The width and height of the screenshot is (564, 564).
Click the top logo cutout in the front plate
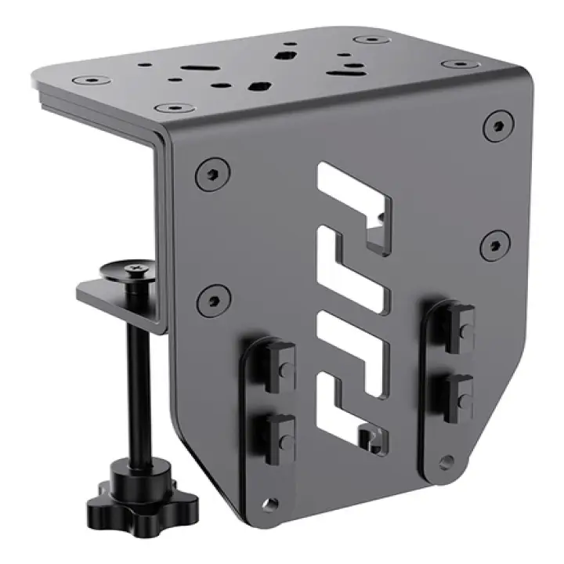(x=352, y=205)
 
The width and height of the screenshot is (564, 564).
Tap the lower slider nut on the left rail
(x=279, y=434)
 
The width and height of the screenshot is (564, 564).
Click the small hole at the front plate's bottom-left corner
(x=271, y=501)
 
